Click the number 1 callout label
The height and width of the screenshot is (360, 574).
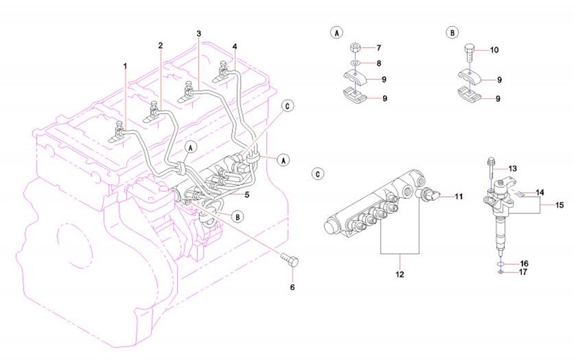pyautogui.click(x=125, y=65)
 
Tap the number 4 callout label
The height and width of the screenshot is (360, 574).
pyautogui.click(x=235, y=46)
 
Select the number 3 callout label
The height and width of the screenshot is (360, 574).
pyautogui.click(x=198, y=34)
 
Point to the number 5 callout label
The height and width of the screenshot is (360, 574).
pyautogui.click(x=247, y=195)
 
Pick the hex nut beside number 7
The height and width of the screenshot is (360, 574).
pyautogui.click(x=356, y=47)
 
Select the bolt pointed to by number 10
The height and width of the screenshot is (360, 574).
pyautogui.click(x=470, y=52)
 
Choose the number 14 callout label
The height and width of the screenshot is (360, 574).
pyautogui.click(x=540, y=193)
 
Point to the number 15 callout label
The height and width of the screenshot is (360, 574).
pyautogui.click(x=559, y=206)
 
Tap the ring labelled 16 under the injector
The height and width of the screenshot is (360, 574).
pyautogui.click(x=501, y=263)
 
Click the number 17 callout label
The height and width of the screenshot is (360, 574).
pyautogui.click(x=524, y=272)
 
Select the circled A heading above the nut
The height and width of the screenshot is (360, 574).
pyautogui.click(x=335, y=32)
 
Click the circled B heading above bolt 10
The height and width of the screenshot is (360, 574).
pyautogui.click(x=451, y=32)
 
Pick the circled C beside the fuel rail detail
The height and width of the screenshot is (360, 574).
pyautogui.click(x=318, y=174)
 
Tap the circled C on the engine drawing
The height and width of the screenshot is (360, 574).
pyautogui.click(x=286, y=105)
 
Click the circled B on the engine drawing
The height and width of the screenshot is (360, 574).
pyautogui.click(x=238, y=217)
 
